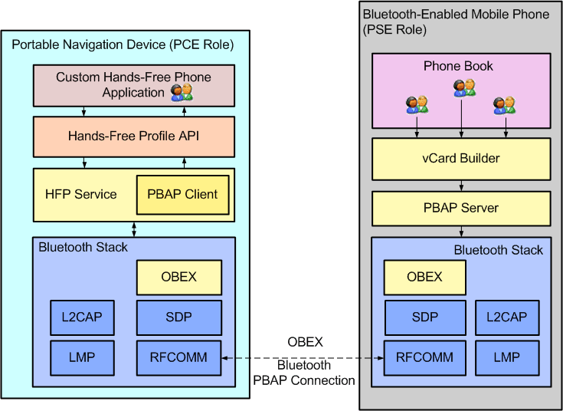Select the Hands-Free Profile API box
(133, 136)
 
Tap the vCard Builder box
(461, 159)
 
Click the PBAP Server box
(461, 208)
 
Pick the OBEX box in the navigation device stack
(178, 278)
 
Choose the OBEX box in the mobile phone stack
(424, 278)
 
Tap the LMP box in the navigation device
(82, 357)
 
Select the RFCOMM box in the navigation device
(178, 357)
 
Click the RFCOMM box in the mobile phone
(424, 357)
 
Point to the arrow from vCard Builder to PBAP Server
(461, 186)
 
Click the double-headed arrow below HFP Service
(135, 229)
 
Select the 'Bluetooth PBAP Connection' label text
(304, 373)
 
